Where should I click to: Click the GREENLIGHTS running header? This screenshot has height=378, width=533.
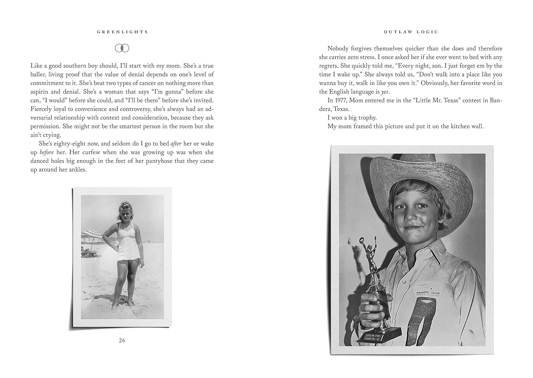[x=122, y=32]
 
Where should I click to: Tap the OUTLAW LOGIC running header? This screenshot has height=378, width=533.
[x=411, y=32]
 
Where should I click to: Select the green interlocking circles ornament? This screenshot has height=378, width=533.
[x=122, y=48]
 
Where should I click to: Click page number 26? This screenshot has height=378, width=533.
[x=122, y=340]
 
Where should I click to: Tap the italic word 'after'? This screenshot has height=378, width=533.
[x=176, y=144]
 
